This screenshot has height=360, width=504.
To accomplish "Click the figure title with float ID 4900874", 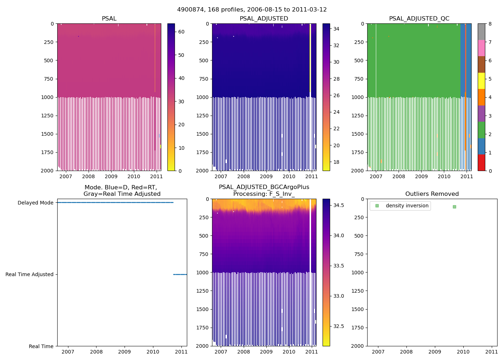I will click(252, 10).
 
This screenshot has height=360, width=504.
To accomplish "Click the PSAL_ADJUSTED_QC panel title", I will click(419, 19).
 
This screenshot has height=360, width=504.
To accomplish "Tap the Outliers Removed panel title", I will click(432, 194).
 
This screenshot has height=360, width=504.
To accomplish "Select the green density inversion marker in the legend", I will click(377, 206).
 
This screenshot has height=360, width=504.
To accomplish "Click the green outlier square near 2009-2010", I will click(454, 207).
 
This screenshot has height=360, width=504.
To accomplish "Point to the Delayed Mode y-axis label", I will click(35, 203).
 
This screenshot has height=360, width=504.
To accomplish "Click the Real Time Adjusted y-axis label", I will click(29, 274).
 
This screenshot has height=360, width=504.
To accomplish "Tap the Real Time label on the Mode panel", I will click(41, 346).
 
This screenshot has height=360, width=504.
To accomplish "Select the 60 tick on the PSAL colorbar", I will click(181, 32).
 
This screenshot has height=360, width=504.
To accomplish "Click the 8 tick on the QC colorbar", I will click(490, 24).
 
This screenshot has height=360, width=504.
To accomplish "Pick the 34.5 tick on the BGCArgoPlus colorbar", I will click(338, 205).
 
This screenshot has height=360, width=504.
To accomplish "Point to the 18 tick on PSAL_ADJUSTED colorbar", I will click(336, 162).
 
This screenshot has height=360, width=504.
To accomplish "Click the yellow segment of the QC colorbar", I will click(481, 81).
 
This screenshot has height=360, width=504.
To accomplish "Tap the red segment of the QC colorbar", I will click(481, 162).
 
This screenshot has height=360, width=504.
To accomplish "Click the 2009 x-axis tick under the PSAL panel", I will click(111, 176).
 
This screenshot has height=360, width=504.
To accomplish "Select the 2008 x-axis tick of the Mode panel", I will click(96, 352).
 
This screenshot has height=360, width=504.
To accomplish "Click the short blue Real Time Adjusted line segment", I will click(180, 274).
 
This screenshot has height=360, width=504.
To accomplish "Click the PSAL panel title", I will click(109, 19).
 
